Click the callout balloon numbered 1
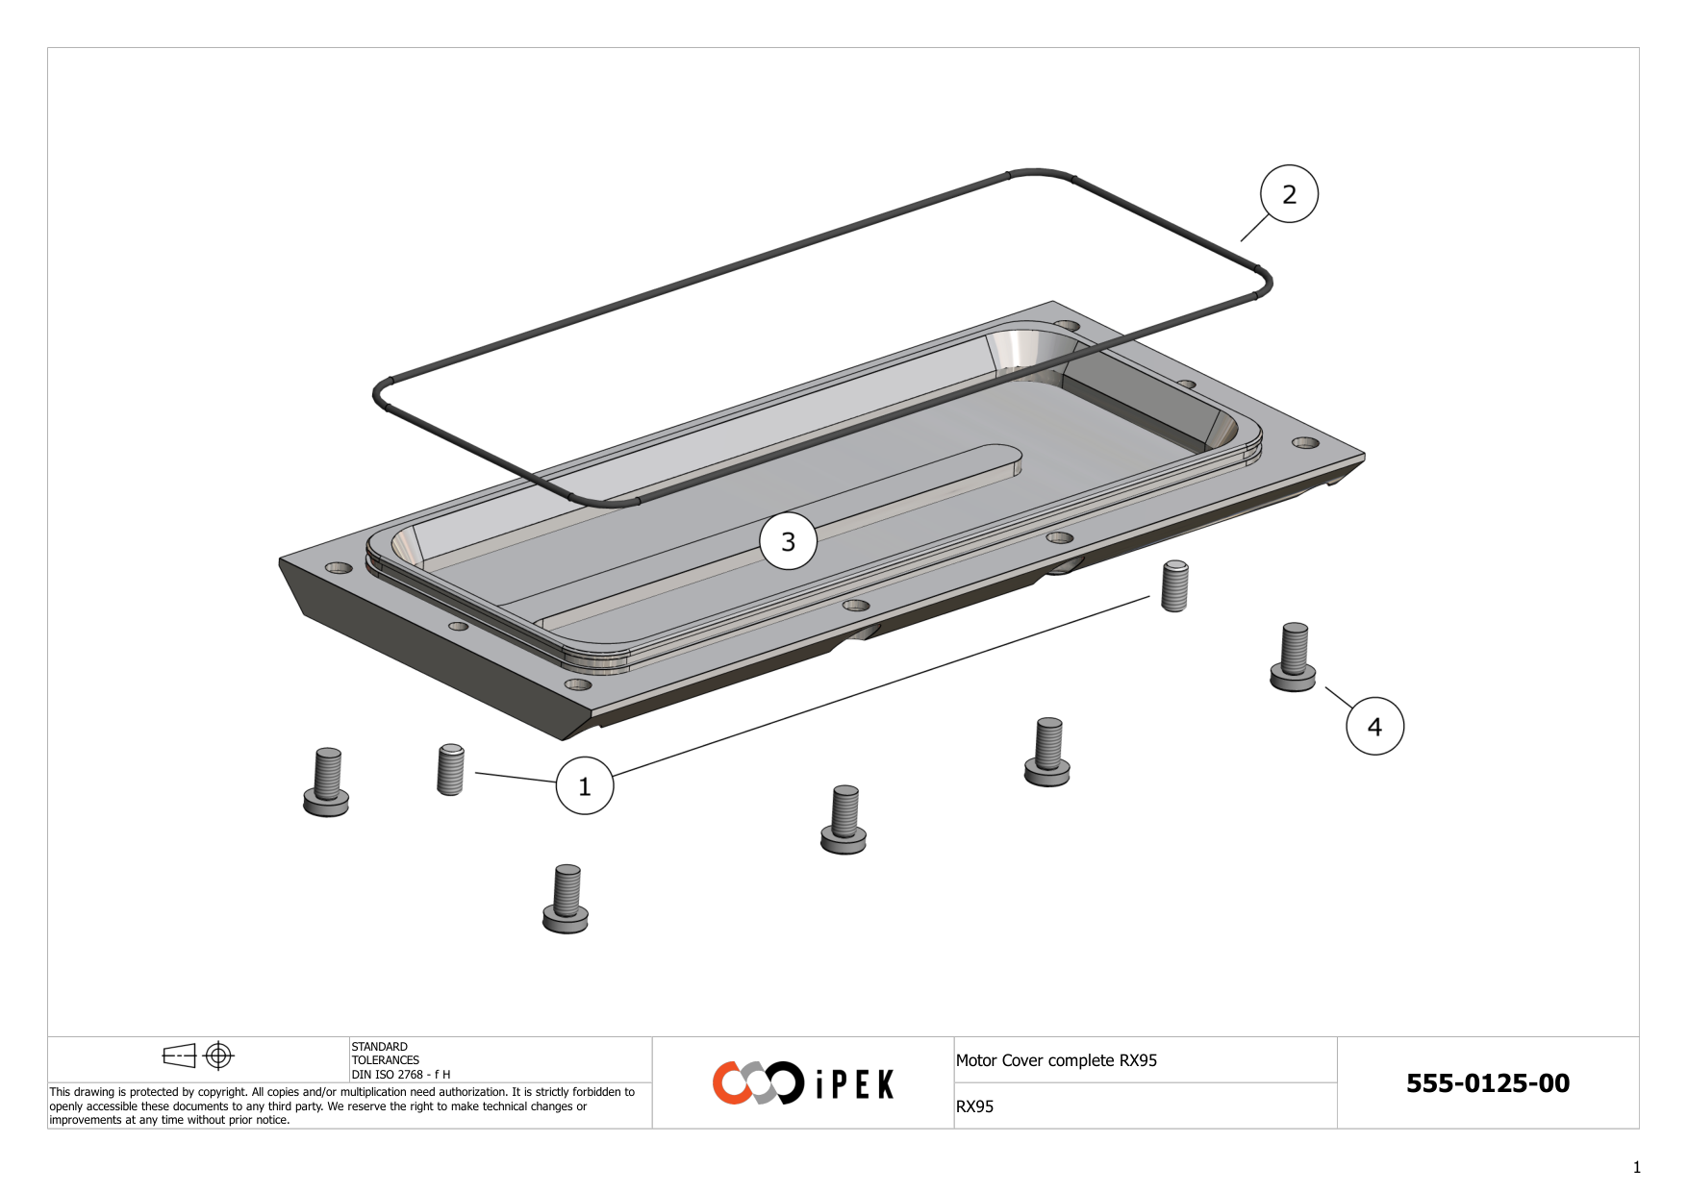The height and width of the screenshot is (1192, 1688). point(585,785)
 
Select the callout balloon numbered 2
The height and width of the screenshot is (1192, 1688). point(1289,194)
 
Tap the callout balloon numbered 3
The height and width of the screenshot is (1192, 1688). point(789,541)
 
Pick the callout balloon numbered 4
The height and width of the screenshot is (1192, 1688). point(1374,726)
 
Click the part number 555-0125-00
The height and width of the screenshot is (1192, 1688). point(1487,1083)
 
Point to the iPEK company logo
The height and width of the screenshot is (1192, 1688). point(803,1083)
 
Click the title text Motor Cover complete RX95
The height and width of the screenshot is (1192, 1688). point(1056,1060)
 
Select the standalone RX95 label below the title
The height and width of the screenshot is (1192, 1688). point(974,1106)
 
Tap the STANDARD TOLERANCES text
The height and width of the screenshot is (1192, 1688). point(385,1054)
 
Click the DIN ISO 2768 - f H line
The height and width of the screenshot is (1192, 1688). point(400,1075)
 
